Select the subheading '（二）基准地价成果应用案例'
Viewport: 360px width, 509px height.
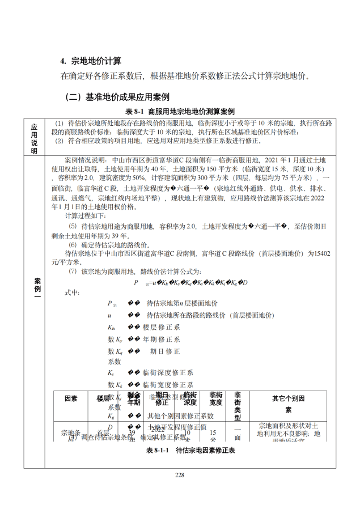[117, 97]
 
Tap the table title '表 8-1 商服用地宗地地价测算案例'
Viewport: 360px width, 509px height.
[180, 111]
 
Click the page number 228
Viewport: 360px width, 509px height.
[180, 475]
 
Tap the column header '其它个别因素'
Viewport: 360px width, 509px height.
[289, 404]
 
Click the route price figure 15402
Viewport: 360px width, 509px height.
[321, 254]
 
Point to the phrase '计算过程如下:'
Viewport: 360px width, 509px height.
[85, 215]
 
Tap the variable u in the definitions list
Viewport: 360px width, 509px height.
[109, 315]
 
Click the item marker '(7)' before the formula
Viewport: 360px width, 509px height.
[73, 272]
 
